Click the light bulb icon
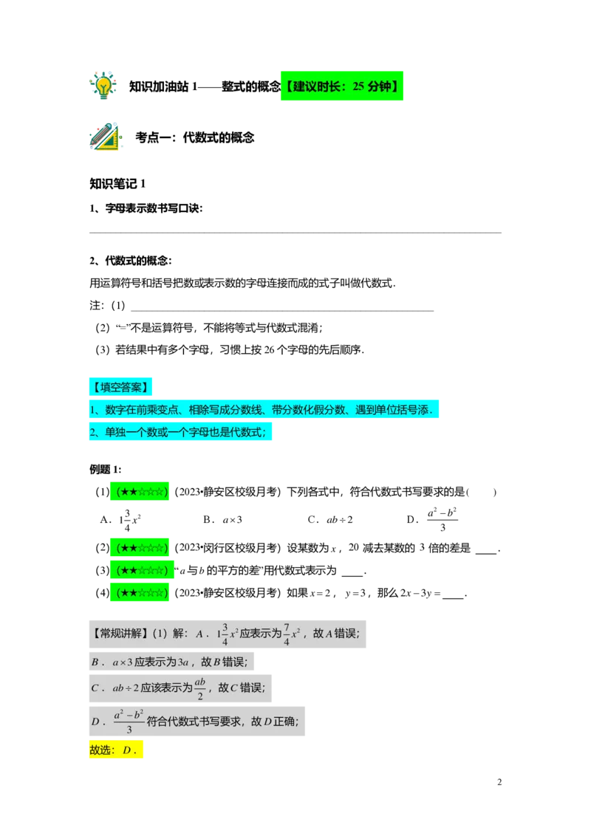point(103,84)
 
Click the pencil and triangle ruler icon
point(106,137)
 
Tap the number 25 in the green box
point(358,87)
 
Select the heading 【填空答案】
point(120,386)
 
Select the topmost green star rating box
point(140,491)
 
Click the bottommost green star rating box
point(140,592)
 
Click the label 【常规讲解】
point(120,633)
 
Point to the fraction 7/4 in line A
point(286,634)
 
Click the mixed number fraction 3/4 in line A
point(225,634)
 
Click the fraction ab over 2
point(199,688)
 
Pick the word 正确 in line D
point(284,722)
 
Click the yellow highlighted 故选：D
point(116,750)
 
